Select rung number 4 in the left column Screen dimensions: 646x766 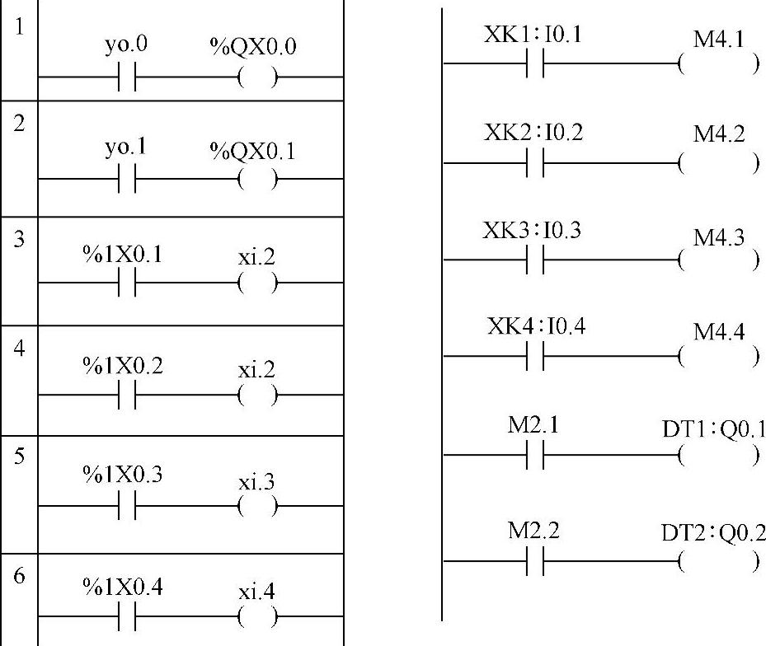18,347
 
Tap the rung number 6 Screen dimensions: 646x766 18,575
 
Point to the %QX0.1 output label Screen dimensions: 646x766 254,152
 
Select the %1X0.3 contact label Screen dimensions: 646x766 123,476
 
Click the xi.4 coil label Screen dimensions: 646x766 256,592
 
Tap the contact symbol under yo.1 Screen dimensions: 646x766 126,179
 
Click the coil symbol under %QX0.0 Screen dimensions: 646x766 257,77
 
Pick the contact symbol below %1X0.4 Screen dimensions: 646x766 126,616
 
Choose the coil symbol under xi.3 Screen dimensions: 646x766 257,507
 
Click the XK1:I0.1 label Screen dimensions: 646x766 533,36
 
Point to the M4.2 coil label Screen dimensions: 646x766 719,134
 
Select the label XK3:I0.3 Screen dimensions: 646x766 532,230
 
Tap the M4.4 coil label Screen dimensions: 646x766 719,331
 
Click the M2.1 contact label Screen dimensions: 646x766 533,426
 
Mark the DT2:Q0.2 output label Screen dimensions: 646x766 713,533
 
